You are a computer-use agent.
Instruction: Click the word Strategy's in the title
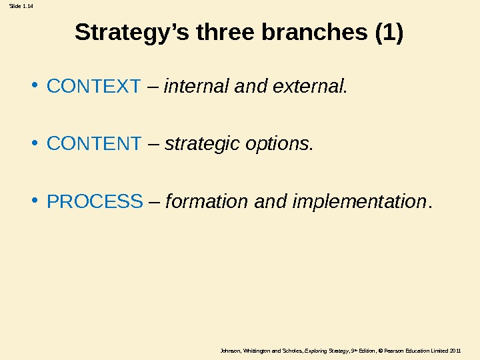pos(133,33)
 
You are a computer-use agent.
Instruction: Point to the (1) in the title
pos(389,33)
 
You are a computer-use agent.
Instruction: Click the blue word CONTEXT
pos(94,86)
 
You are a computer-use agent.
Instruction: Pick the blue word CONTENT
pos(94,143)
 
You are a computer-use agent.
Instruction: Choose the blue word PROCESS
pos(95,201)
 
